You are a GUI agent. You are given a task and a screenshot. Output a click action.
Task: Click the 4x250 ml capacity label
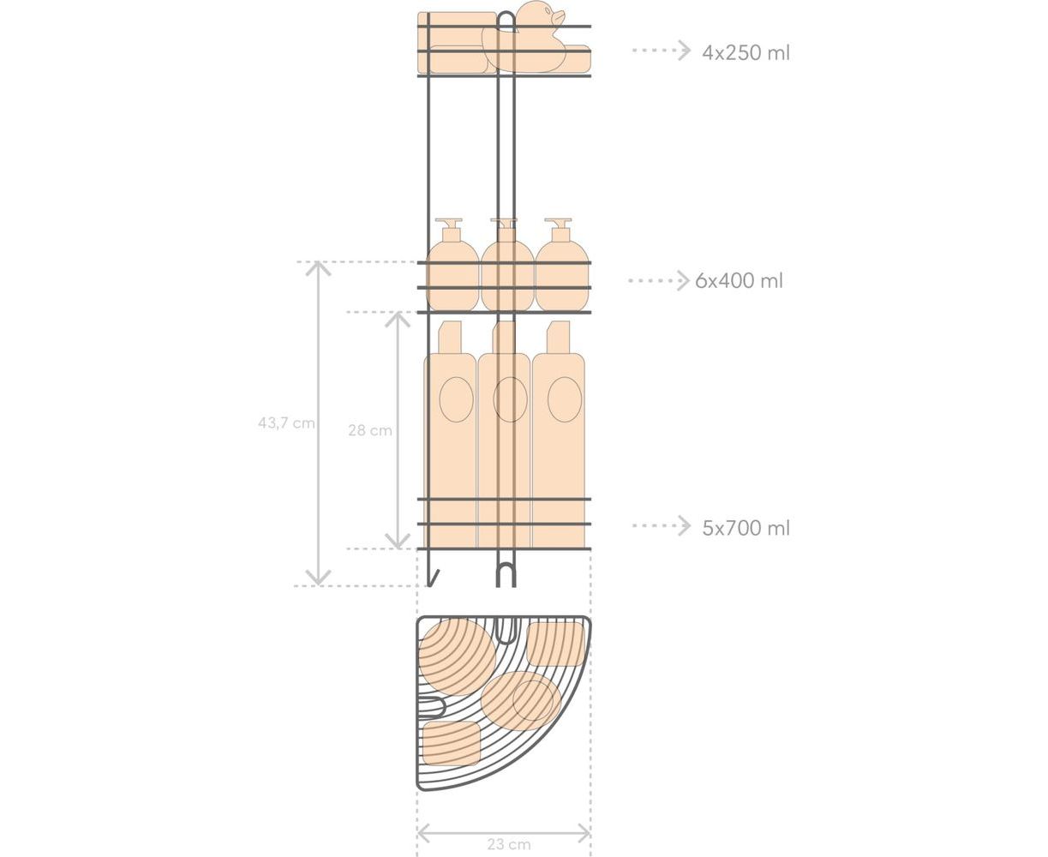(x=746, y=52)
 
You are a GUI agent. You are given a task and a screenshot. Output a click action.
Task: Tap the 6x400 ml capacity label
(x=739, y=281)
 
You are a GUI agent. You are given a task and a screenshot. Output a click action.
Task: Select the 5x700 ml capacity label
(x=746, y=528)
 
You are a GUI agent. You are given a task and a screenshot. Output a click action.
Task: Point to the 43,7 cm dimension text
(x=286, y=423)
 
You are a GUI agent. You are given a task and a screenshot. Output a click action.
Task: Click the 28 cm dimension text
(x=369, y=430)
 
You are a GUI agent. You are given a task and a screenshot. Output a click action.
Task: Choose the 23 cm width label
(x=509, y=844)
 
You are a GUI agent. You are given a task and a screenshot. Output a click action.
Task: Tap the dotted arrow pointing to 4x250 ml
(x=662, y=51)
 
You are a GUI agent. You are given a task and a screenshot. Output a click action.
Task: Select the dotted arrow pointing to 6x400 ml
(x=658, y=281)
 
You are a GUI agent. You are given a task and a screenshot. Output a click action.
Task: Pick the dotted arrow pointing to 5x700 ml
(x=662, y=525)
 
